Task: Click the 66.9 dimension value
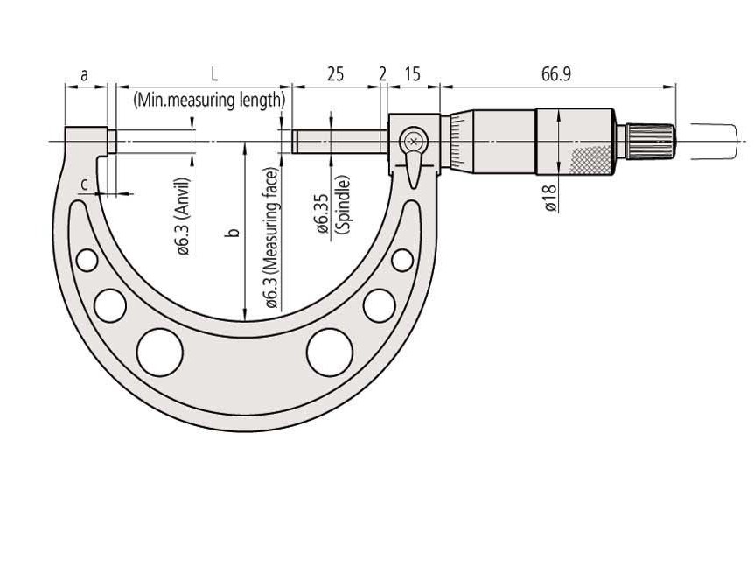(x=556, y=74)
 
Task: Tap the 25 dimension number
(x=335, y=74)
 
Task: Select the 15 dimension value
(x=412, y=74)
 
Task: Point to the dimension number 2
(x=382, y=74)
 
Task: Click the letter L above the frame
(x=214, y=74)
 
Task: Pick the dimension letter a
(x=85, y=75)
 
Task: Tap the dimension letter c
(x=84, y=185)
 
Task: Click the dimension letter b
(x=234, y=233)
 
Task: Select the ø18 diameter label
(x=551, y=198)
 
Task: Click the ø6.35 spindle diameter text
(x=322, y=213)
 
